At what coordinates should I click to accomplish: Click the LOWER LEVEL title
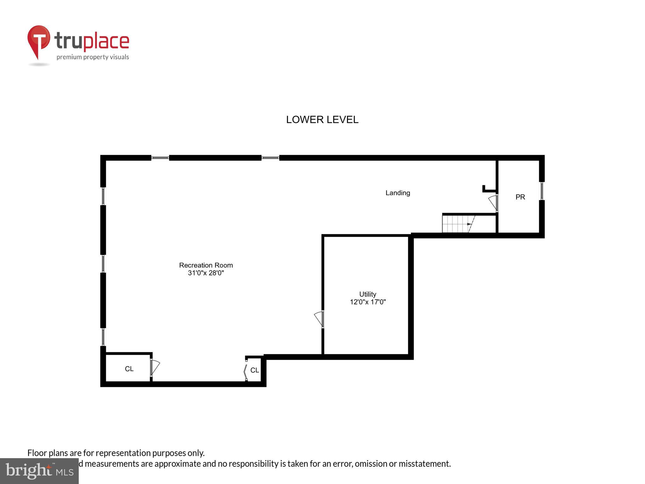(322, 120)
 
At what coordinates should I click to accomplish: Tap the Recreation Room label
(206, 265)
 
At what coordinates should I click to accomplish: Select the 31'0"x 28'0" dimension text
(206, 273)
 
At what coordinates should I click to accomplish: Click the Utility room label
(368, 294)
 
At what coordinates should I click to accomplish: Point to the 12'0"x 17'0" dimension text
(368, 302)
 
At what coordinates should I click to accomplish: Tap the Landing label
(398, 193)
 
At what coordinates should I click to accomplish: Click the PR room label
(520, 197)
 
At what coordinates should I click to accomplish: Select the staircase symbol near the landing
(458, 224)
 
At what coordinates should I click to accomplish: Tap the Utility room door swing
(319, 319)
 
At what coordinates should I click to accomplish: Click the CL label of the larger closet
(129, 369)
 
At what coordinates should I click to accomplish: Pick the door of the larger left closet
(155, 367)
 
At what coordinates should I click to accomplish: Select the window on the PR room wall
(542, 191)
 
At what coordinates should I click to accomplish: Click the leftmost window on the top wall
(160, 158)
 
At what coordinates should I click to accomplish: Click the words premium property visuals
(93, 57)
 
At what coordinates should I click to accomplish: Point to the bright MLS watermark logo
(39, 471)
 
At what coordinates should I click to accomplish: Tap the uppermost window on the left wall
(103, 196)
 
